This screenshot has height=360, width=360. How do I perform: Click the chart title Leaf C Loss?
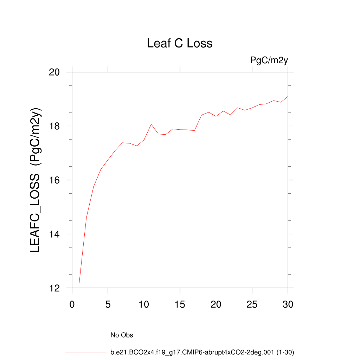pos(180,44)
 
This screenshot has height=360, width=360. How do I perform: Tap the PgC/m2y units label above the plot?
pos(269,60)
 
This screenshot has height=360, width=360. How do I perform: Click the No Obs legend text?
pos(122,335)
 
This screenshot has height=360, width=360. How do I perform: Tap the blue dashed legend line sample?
pos(84,335)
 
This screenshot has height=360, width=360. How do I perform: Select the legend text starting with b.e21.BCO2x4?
pos(202,352)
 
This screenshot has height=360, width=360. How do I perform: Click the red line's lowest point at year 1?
pos(79,282)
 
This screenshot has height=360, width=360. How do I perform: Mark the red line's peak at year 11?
pos(151,124)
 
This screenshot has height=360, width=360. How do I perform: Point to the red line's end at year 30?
pos(288,96)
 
